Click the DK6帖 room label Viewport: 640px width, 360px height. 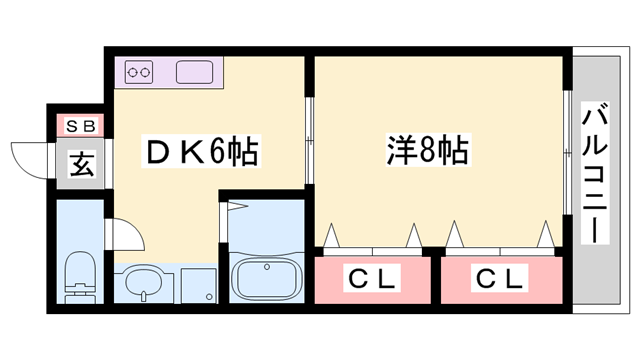(203, 153)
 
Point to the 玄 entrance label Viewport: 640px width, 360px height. (81, 164)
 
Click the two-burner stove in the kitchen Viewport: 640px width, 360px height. (140, 72)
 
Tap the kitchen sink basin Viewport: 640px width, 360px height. (195, 72)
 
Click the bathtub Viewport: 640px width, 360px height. (266, 276)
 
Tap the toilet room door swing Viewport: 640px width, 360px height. (125, 238)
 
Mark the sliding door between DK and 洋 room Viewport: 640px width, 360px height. (311, 140)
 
